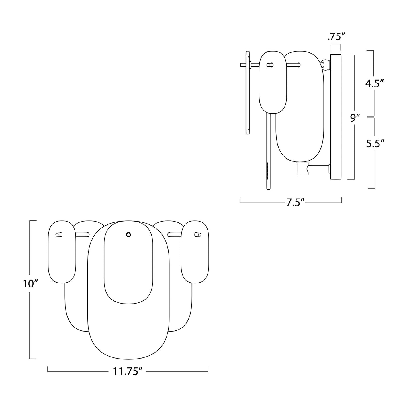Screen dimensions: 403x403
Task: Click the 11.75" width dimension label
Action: [127, 371]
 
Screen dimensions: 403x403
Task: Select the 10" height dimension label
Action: [30, 284]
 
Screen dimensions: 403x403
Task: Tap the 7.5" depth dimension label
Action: [295, 203]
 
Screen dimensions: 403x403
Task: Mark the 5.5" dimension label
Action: [375, 143]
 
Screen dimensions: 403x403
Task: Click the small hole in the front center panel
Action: [128, 235]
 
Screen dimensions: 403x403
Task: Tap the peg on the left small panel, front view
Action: [59, 235]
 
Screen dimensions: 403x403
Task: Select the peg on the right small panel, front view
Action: [197, 235]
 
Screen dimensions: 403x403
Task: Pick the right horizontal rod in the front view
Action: [174, 235]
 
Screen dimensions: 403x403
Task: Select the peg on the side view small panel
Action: [270, 65]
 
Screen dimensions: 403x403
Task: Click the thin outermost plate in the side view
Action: [248, 92]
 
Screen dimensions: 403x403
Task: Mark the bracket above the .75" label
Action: [336, 46]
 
